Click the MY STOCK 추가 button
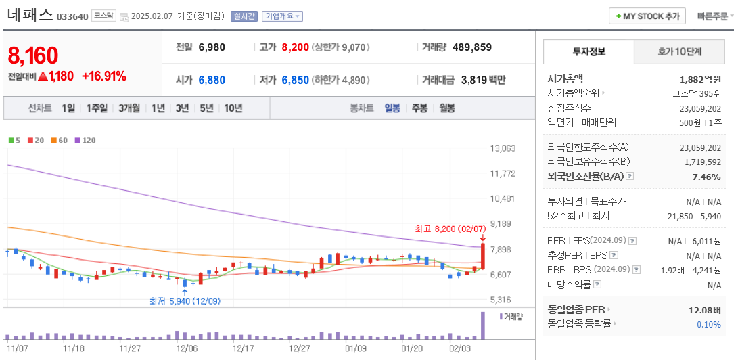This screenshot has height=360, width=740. click(x=647, y=16)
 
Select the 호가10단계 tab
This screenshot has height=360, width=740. click(x=679, y=51)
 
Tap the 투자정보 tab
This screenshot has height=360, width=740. click(x=588, y=51)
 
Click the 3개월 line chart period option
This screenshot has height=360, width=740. click(x=129, y=108)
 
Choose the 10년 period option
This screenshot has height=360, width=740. click(x=233, y=108)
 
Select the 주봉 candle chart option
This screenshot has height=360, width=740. click(x=419, y=108)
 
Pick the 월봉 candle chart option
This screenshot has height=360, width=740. click(x=446, y=108)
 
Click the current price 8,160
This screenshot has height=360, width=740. click(x=32, y=55)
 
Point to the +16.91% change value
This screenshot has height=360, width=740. click(x=103, y=76)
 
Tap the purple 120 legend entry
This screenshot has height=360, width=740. click(x=85, y=140)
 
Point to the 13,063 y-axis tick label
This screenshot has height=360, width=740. click(x=502, y=148)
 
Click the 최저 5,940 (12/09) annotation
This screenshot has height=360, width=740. click(x=185, y=300)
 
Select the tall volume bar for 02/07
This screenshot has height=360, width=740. click(x=483, y=325)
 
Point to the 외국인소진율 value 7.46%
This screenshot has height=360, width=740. click(x=707, y=177)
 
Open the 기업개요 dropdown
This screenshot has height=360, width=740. click(x=282, y=16)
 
